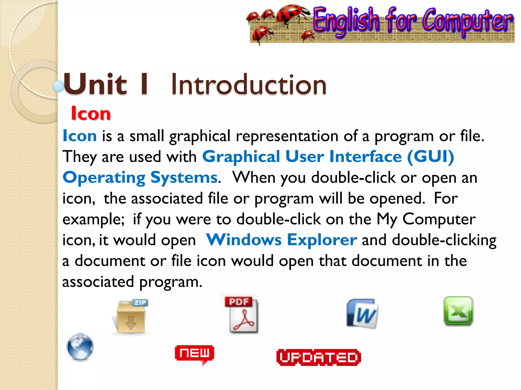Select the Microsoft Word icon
[x=362, y=314]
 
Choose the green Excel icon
[x=458, y=311]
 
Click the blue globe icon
[x=80, y=347]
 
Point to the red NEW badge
[x=194, y=353]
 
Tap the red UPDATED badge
[x=319, y=357]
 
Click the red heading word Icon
[x=91, y=113]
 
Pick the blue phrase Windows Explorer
[x=281, y=240]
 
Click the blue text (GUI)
[x=430, y=156]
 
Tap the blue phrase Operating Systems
[x=140, y=177]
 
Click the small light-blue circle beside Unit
[x=58, y=86]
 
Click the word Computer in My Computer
[x=439, y=219]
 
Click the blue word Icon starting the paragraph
[x=80, y=136]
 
